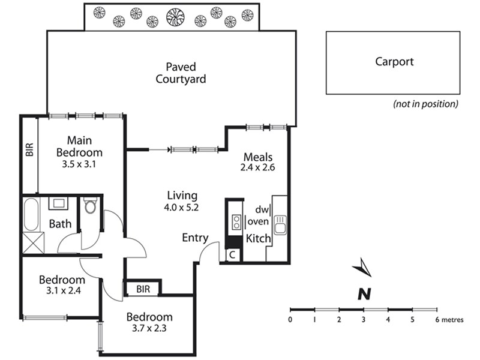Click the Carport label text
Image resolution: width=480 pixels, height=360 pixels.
point(394,61)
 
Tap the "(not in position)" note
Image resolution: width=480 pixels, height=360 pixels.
point(425,104)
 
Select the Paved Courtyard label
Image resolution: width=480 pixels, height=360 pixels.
point(181,73)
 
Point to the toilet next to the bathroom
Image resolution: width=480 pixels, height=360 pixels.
point(91,207)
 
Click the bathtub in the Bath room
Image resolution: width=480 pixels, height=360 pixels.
point(31,214)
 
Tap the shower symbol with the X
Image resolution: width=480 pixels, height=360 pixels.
point(31,243)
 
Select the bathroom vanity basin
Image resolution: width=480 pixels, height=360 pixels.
point(58,203)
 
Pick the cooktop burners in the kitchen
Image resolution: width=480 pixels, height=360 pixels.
point(236,222)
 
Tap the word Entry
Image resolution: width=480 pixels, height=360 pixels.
point(195,238)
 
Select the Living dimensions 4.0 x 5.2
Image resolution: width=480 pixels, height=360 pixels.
point(182,207)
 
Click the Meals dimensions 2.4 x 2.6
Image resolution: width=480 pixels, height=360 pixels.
point(258,168)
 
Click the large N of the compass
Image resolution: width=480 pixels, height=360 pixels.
point(363,293)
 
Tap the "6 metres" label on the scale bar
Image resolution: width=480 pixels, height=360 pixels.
point(449,320)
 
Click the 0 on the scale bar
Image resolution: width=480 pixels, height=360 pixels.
point(290,320)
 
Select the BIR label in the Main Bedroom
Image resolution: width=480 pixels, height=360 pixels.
point(29,149)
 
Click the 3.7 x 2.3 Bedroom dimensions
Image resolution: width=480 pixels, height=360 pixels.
point(149,329)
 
